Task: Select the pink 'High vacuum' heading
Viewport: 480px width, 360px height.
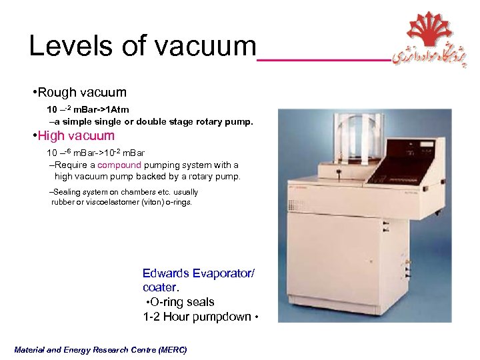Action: point(76,136)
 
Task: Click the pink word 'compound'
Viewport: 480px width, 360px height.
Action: point(119,165)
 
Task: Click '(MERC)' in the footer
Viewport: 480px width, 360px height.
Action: point(171,350)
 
